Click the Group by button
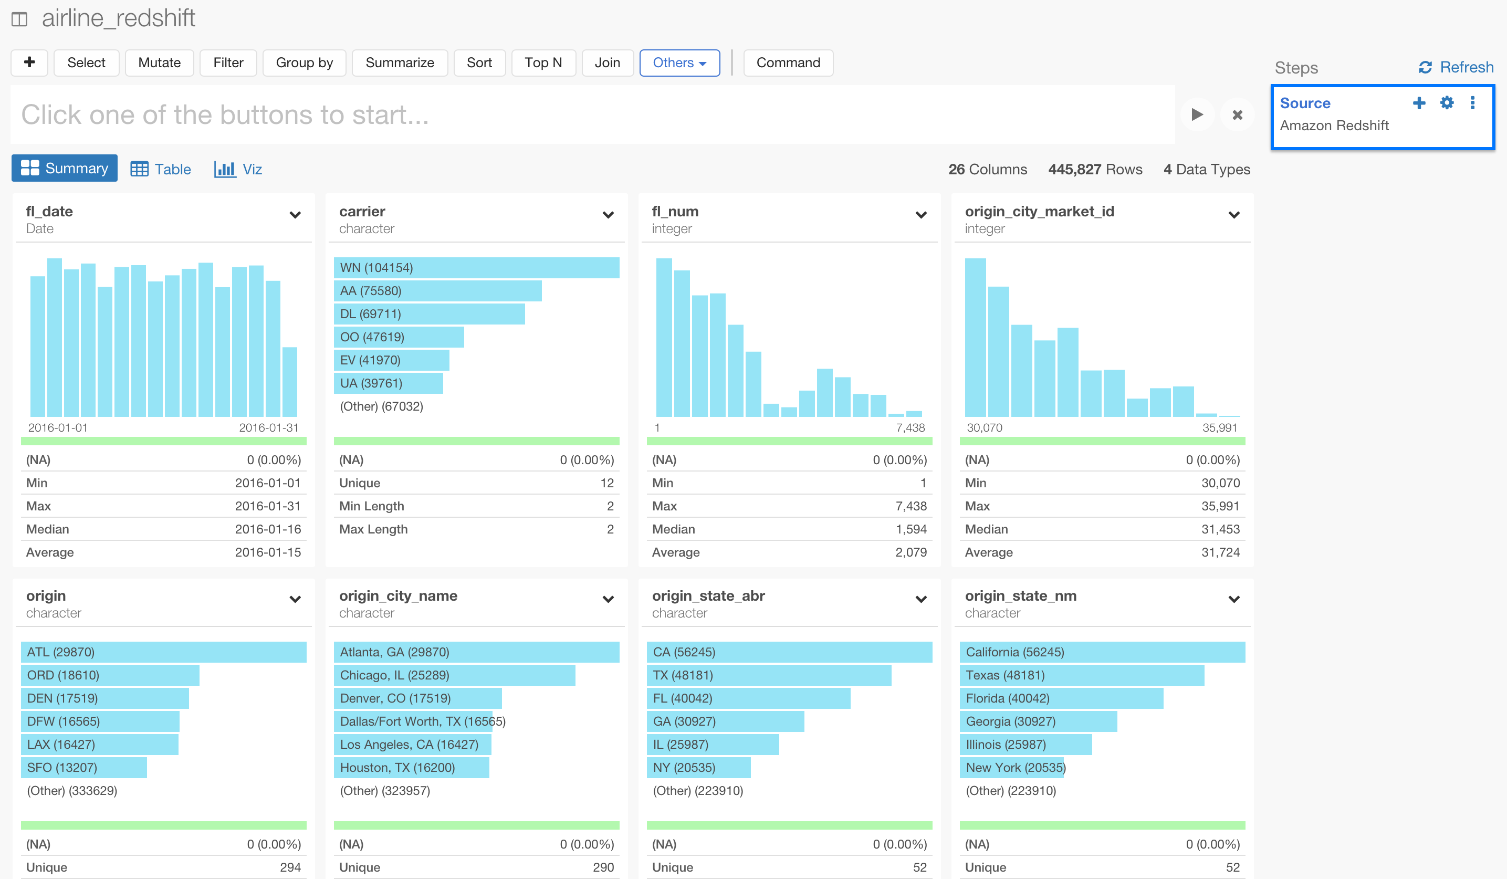304,63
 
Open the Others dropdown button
679,63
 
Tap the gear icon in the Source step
1446,103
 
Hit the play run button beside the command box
1197,114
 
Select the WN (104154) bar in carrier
476,268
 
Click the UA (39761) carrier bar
388,383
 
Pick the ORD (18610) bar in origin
110,675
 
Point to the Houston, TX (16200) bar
411,768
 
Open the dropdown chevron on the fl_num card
921,215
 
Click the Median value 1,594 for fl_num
911,529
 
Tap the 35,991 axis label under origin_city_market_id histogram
1219,427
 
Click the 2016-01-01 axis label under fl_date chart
58,427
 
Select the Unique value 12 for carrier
607,483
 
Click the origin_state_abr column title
708,595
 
